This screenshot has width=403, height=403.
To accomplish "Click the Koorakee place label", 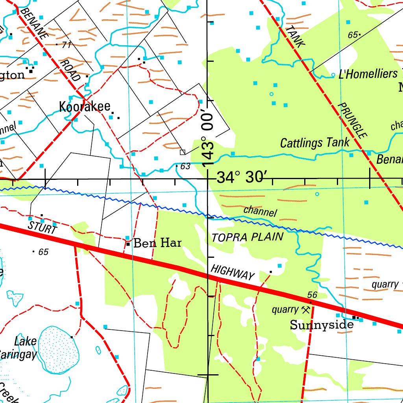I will coord(84,107).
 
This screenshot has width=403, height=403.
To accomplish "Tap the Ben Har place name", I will coord(157,243).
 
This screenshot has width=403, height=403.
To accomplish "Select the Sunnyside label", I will coord(322,325).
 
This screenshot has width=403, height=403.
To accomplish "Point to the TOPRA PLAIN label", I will coord(247,237).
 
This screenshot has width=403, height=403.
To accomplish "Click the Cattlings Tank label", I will coord(314,143).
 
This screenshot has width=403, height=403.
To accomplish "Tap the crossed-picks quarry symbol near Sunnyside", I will coord(305,309).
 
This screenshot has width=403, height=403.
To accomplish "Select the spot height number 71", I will coord(66,45).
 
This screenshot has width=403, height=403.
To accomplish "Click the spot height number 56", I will coord(312,295).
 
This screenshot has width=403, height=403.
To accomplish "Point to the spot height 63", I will coord(185,166).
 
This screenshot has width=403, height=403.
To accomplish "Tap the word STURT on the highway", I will coord(42,227).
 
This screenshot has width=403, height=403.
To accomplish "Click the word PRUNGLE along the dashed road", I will coord(353,120).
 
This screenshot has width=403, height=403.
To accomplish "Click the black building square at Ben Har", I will coord(128,244).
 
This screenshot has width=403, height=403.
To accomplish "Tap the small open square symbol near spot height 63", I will coord(182,152).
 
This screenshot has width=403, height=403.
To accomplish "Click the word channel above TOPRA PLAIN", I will coord(260,211).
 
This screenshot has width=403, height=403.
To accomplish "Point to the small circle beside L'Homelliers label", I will coord(333,74).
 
